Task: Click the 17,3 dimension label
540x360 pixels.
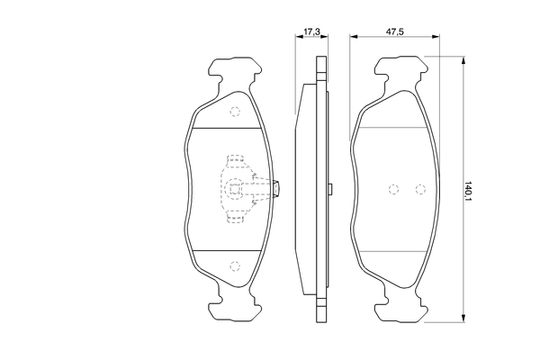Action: tap(311, 31)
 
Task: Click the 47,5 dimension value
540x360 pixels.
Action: tap(395, 31)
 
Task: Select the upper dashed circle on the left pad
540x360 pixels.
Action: tap(235, 112)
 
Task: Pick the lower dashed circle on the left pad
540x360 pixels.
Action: tap(235, 266)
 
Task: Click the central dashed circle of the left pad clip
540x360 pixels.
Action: tap(235, 189)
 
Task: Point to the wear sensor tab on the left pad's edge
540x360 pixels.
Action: tap(276, 189)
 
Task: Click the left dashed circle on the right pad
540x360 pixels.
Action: tap(393, 189)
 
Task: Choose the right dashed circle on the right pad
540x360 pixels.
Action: tap(420, 189)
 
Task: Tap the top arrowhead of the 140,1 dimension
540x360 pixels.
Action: tap(463, 60)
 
